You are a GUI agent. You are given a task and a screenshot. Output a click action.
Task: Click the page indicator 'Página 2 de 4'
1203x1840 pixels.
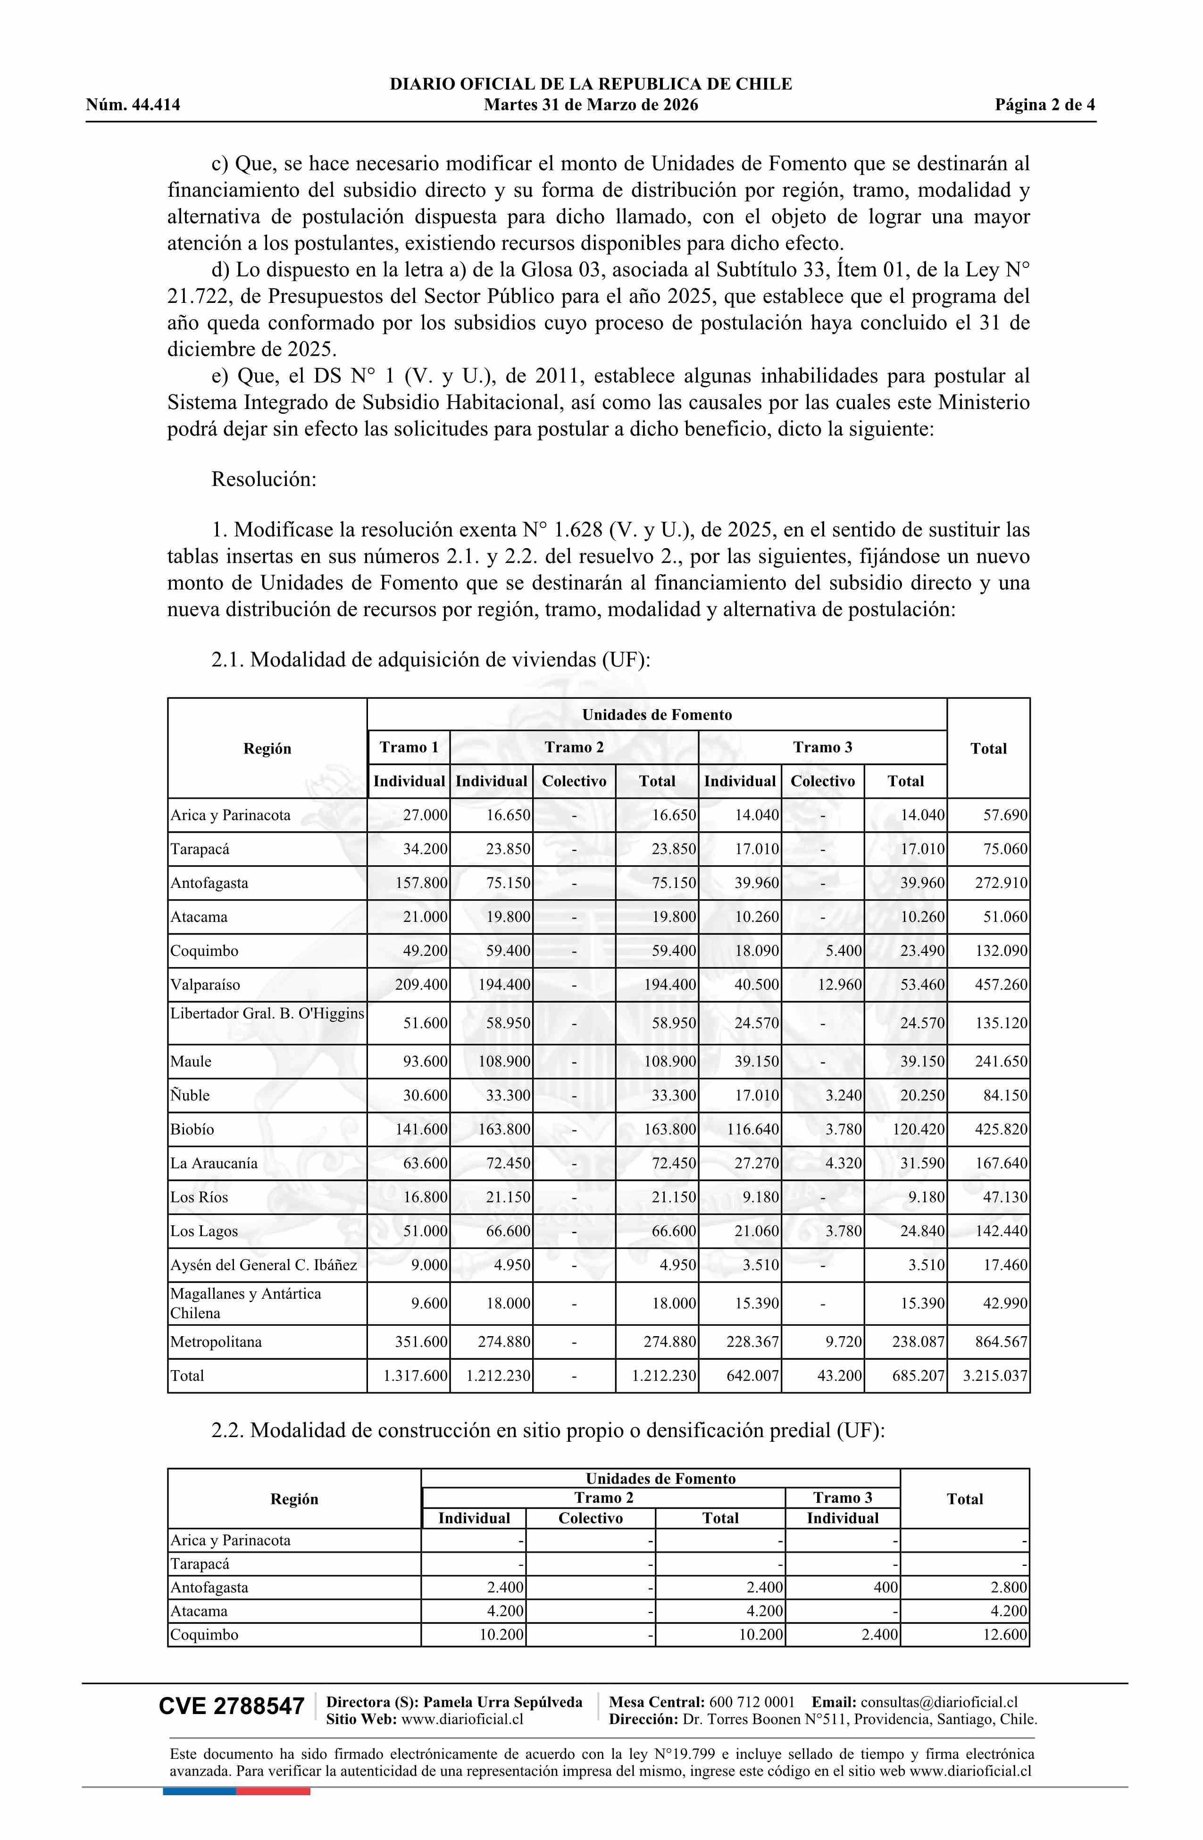pyautogui.click(x=1044, y=105)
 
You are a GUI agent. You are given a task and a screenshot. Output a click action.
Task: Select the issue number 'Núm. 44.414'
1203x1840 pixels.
pyautogui.click(x=133, y=105)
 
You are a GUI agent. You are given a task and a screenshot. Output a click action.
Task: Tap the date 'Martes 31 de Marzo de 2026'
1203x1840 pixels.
pyautogui.click(x=591, y=105)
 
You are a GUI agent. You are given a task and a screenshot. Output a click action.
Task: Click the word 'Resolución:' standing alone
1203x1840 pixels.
pyautogui.click(x=264, y=479)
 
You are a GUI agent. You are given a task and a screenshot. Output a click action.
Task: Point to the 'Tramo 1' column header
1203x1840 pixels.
pyautogui.click(x=409, y=748)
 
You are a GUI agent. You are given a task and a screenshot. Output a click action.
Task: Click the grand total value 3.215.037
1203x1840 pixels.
pyautogui.click(x=995, y=1376)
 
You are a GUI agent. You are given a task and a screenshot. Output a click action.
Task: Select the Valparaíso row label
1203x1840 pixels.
pyautogui.click(x=205, y=985)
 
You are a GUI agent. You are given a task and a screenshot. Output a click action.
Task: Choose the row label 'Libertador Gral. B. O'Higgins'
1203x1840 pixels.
pyautogui.click(x=267, y=1013)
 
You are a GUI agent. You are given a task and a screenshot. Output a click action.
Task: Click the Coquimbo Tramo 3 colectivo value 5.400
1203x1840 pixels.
pyautogui.click(x=844, y=951)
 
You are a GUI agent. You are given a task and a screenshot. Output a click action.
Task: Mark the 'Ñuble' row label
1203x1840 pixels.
pyautogui.click(x=190, y=1096)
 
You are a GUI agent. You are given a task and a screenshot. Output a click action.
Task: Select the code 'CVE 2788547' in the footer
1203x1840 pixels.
pyautogui.click(x=232, y=1706)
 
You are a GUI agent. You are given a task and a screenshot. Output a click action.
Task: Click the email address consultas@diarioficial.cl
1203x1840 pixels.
pyautogui.click(x=939, y=1702)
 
